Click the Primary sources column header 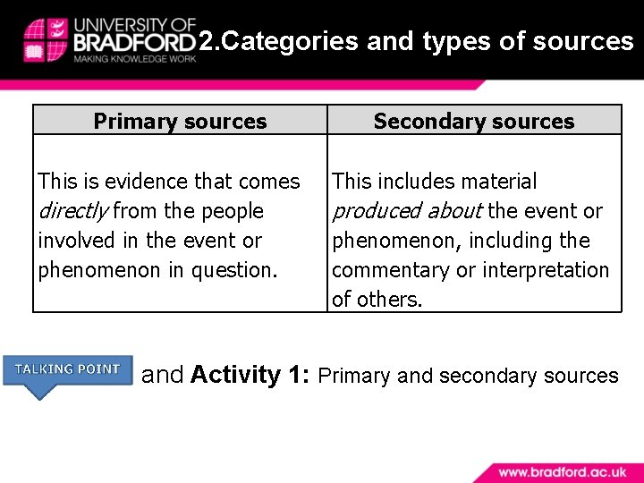180,122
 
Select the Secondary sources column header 474,122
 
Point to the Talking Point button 68,369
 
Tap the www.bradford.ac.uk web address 563,471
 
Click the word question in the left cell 233,270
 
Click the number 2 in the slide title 204,41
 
